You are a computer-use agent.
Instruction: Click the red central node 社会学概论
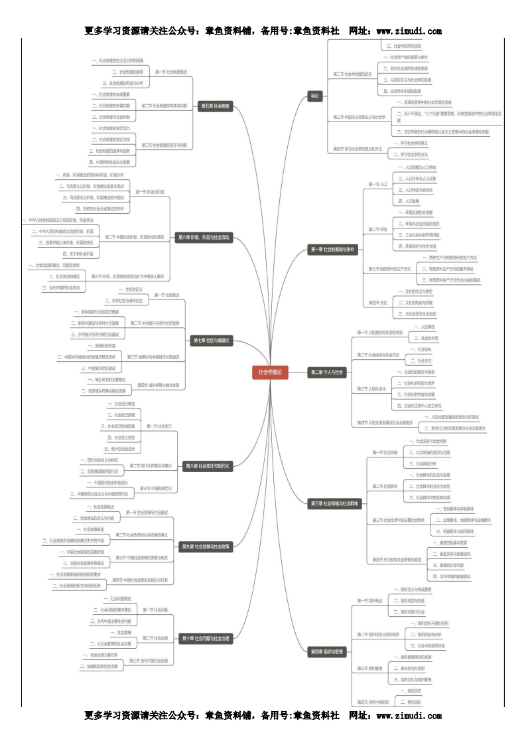point(270,372)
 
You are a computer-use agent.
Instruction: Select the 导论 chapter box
point(315,96)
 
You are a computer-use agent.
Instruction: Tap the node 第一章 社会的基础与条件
point(333,250)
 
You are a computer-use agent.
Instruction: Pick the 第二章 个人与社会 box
point(327,372)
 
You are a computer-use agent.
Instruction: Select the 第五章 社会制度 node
point(214,106)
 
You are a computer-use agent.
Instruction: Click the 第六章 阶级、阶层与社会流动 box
point(204,236)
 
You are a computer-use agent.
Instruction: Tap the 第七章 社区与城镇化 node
point(212,340)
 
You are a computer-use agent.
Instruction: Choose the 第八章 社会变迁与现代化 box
point(208,466)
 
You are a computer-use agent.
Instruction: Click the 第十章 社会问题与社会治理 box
point(206,638)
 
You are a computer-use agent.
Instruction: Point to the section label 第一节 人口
point(377,183)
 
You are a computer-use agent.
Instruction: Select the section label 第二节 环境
point(377,229)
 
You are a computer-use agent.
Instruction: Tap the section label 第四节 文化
point(377,302)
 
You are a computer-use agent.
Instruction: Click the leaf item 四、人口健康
point(408,201)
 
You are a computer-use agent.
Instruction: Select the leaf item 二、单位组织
point(415,701)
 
